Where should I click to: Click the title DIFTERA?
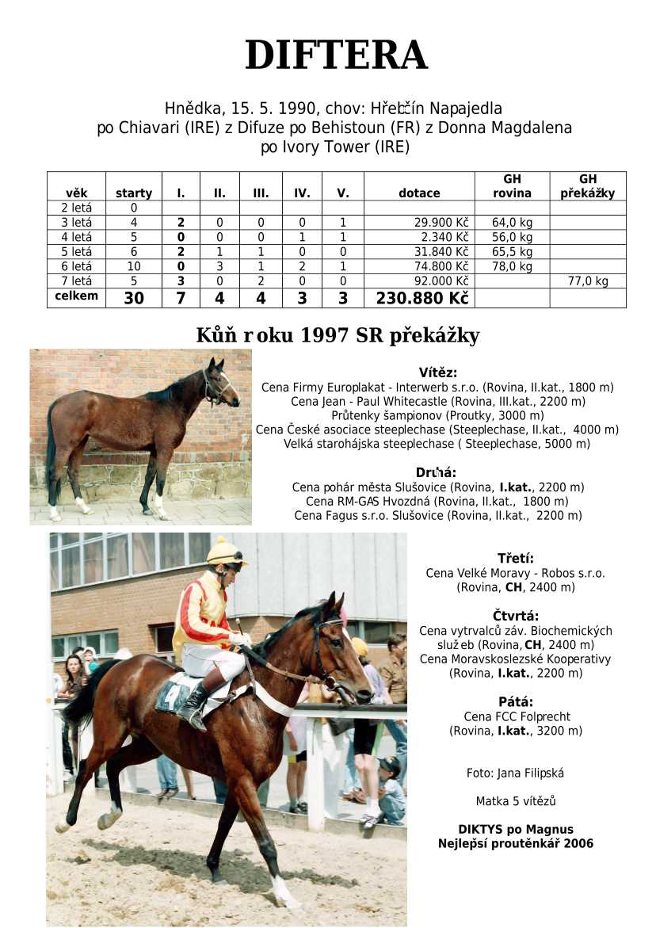[x=336, y=55]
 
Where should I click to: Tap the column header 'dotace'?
[x=419, y=193]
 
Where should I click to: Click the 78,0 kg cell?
[x=512, y=266]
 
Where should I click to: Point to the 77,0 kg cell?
[x=587, y=281]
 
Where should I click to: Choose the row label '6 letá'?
[x=76, y=266]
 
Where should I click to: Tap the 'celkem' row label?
[x=76, y=296]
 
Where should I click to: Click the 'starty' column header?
[x=134, y=193]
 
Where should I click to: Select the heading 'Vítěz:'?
[x=437, y=372]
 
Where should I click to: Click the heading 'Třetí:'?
[x=515, y=558]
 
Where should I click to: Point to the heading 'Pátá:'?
[x=515, y=701]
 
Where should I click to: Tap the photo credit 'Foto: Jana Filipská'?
[x=515, y=773]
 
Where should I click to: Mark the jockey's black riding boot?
[x=194, y=704]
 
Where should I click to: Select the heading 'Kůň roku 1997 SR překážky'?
[x=338, y=335]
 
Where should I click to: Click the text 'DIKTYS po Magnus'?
[x=515, y=830]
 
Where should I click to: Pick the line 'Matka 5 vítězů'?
[x=515, y=801]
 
